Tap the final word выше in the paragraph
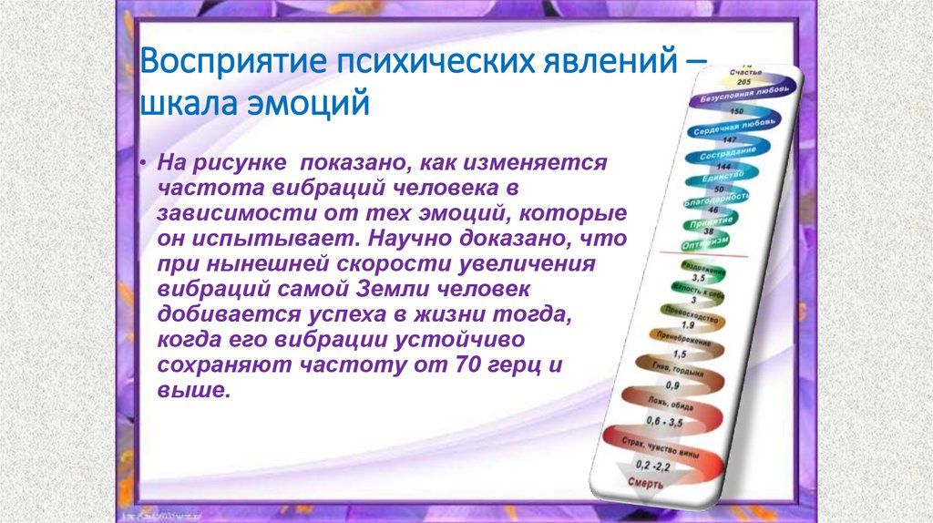pyautogui.click(x=188, y=391)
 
